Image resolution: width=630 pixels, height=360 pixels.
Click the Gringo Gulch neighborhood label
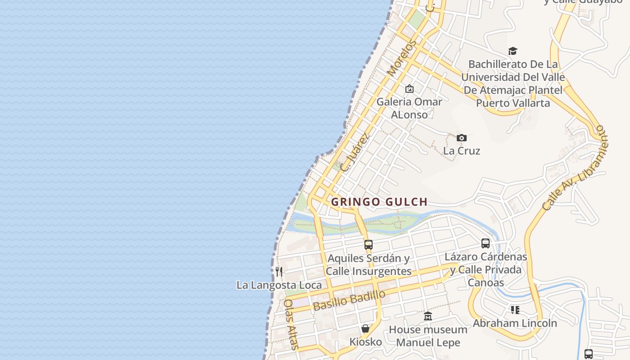point(379,202)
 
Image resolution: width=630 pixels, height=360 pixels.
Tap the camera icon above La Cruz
point(461,138)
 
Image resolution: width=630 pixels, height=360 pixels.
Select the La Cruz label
point(461,151)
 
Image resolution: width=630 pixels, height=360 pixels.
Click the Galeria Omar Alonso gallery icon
point(409,89)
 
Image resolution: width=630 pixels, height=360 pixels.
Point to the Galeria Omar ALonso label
point(409,108)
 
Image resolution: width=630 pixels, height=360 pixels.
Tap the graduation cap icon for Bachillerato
point(513,51)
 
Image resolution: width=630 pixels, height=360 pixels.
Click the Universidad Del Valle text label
point(513,77)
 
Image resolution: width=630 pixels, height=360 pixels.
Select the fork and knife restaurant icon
point(279,271)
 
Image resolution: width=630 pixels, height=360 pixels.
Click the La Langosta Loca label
point(279,285)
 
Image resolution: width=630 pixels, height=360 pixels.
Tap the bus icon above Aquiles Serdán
point(369,245)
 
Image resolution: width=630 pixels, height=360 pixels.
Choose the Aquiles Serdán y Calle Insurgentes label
point(369,265)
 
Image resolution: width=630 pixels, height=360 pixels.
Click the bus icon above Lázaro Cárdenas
point(486,243)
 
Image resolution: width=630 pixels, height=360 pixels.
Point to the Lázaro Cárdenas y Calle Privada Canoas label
point(486,270)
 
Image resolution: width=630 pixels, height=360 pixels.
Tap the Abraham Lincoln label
point(514,323)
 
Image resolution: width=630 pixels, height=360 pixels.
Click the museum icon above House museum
point(428,316)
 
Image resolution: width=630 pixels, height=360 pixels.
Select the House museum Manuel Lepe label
point(428,336)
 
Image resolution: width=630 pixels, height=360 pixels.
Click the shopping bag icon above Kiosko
point(365,328)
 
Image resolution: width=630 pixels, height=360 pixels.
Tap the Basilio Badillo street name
point(350,300)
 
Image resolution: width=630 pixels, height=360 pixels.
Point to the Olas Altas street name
point(291,324)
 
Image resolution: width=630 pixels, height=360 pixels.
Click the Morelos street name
point(400,59)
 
